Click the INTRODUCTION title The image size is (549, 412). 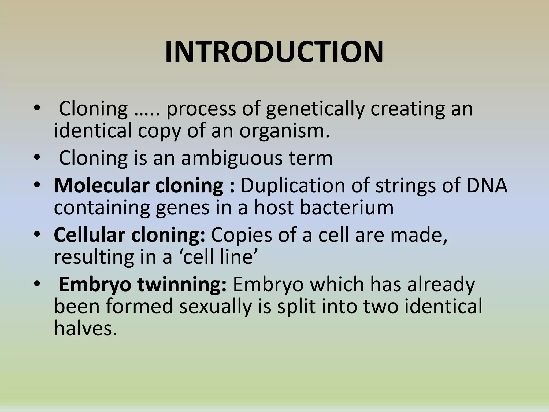(x=274, y=52)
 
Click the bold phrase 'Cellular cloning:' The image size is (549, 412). (x=129, y=235)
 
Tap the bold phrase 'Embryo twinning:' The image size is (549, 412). (x=143, y=284)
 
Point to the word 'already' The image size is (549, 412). (x=441, y=284)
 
